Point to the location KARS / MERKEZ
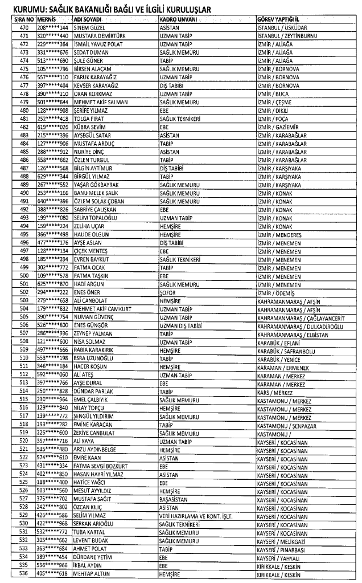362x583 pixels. (x=277, y=392)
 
